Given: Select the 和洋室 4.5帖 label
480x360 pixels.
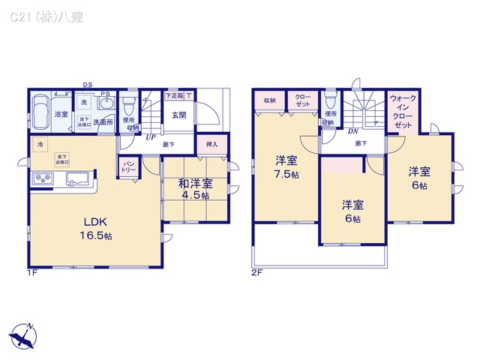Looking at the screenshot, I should pyautogui.click(x=195, y=187).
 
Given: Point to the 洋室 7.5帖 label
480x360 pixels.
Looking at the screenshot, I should pyautogui.click(x=284, y=166).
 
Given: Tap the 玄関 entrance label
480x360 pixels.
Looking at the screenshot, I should pyautogui.click(x=178, y=115).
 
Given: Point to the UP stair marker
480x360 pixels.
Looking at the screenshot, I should pyautogui.click(x=151, y=137).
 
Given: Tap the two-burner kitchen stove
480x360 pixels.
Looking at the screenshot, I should pyautogui.click(x=42, y=179).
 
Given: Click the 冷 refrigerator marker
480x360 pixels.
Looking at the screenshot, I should pyautogui.click(x=37, y=142).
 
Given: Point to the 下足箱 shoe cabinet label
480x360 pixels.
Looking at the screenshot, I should pyautogui.click(x=174, y=95).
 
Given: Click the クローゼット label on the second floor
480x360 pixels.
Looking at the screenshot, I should pyautogui.click(x=302, y=100).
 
